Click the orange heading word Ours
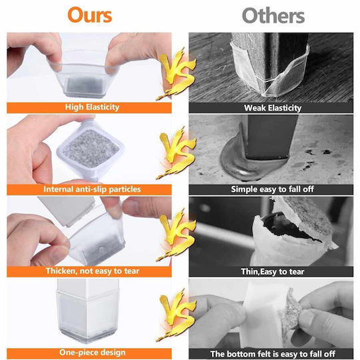point(90,15)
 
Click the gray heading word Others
point(273,15)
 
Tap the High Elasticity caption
point(92,107)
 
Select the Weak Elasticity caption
point(273,108)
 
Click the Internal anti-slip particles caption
point(92,189)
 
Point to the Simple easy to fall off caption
point(273,189)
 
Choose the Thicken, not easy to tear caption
point(92,271)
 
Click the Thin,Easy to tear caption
point(273,272)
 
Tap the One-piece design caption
point(92,353)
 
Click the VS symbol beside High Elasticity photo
point(176,73)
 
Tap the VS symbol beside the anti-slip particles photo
point(176,152)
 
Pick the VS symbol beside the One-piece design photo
point(176,315)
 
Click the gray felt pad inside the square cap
point(91,148)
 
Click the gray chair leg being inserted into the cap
point(67,210)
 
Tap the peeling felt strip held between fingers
point(290,315)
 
